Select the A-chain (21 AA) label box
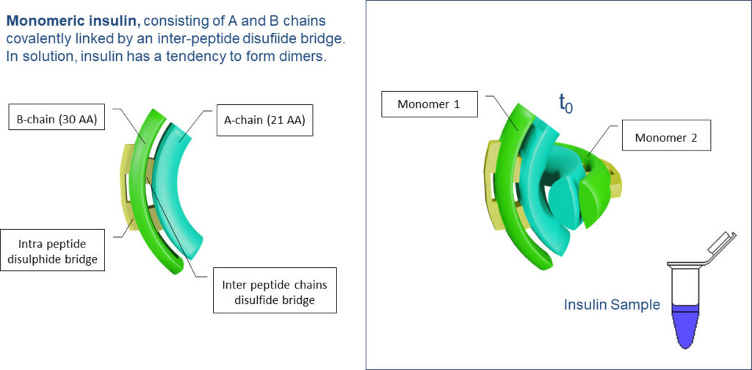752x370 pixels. click(264, 120)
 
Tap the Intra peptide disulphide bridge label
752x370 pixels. click(53, 250)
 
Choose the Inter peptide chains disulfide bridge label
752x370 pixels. click(275, 291)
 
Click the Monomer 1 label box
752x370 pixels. click(429, 104)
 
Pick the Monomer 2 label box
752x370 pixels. click(665, 137)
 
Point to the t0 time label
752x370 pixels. click(566, 103)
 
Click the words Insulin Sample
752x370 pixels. click(612, 305)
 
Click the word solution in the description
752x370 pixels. click(50, 57)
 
